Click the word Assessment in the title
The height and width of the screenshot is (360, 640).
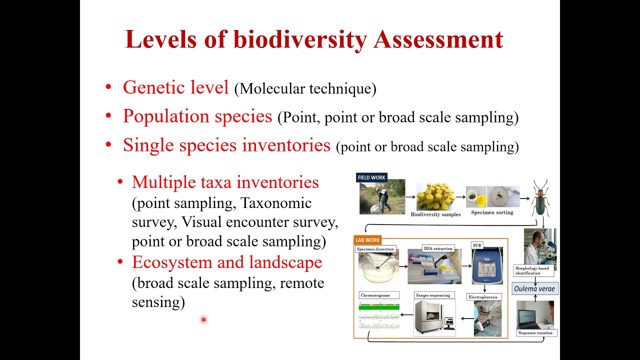coord(438,39)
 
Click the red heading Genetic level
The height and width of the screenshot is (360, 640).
coord(175,87)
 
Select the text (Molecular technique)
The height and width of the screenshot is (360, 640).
coord(305,89)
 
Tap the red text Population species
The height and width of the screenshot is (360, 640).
coord(197,116)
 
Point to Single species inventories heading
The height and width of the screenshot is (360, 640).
coord(226,145)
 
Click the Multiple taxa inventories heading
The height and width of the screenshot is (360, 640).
coord(225,182)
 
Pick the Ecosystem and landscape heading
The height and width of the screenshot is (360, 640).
coord(226,262)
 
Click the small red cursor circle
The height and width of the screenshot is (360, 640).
coord(203,319)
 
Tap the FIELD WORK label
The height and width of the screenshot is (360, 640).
coord(371,177)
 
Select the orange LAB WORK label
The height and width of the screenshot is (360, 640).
coord(367,240)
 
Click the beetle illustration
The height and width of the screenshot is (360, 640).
coord(540,198)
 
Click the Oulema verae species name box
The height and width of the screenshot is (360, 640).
coord(534,288)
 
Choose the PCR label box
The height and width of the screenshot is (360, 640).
coord(477,245)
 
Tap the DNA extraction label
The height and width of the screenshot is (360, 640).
coord(438,248)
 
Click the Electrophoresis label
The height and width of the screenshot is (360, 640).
coord(483,297)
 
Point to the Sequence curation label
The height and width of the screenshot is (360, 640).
coord(535,332)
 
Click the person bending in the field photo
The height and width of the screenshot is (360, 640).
coord(382,199)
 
